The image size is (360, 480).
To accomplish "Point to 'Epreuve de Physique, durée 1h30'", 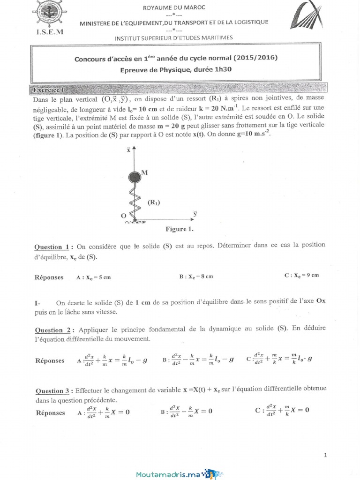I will (176, 69).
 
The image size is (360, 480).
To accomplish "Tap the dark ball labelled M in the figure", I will (135, 177).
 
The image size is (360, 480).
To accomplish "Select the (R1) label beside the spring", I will (154, 202).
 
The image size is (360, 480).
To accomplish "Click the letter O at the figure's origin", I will (123, 216).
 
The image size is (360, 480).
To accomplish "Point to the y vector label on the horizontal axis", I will (195, 213).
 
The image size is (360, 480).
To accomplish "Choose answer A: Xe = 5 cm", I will (93, 277).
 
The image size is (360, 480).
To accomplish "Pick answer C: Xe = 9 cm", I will (302, 276).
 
